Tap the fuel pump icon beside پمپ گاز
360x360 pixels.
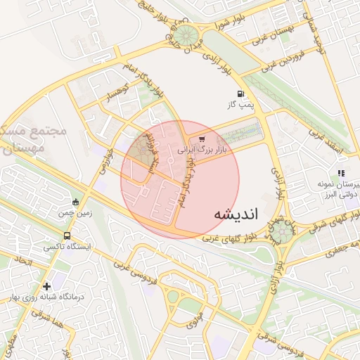coord(241,94)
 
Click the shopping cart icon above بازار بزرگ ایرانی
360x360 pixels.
coord(202,139)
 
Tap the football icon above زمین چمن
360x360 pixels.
coord(75,202)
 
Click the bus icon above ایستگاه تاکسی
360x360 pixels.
coord(67,236)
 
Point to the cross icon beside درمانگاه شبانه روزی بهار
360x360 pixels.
coord(46,286)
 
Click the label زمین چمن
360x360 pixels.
coord(76,212)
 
